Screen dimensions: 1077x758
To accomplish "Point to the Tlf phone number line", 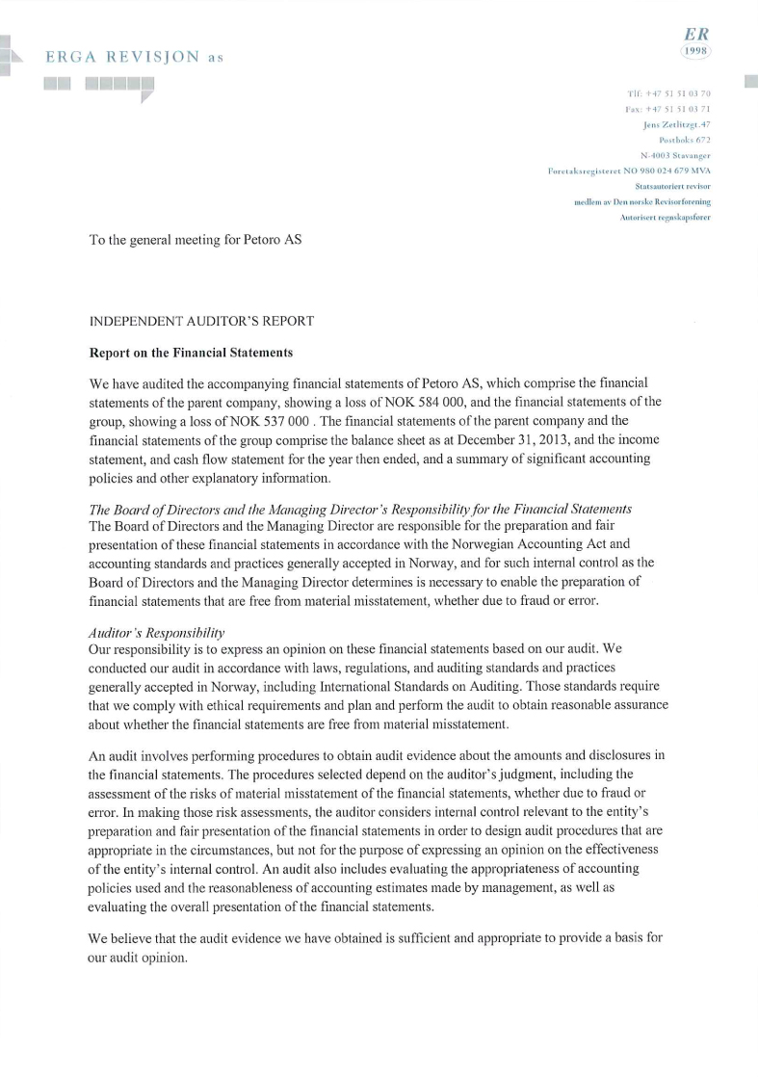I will coord(667,92).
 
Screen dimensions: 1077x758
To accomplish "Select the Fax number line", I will coord(667,109).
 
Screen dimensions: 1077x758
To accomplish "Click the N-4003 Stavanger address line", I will coord(675,155).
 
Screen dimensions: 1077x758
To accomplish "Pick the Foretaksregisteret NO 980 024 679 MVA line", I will coord(628,171).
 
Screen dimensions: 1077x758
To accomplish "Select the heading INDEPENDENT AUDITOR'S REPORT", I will coord(200,320).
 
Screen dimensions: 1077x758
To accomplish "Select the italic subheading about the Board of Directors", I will coord(360,509).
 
